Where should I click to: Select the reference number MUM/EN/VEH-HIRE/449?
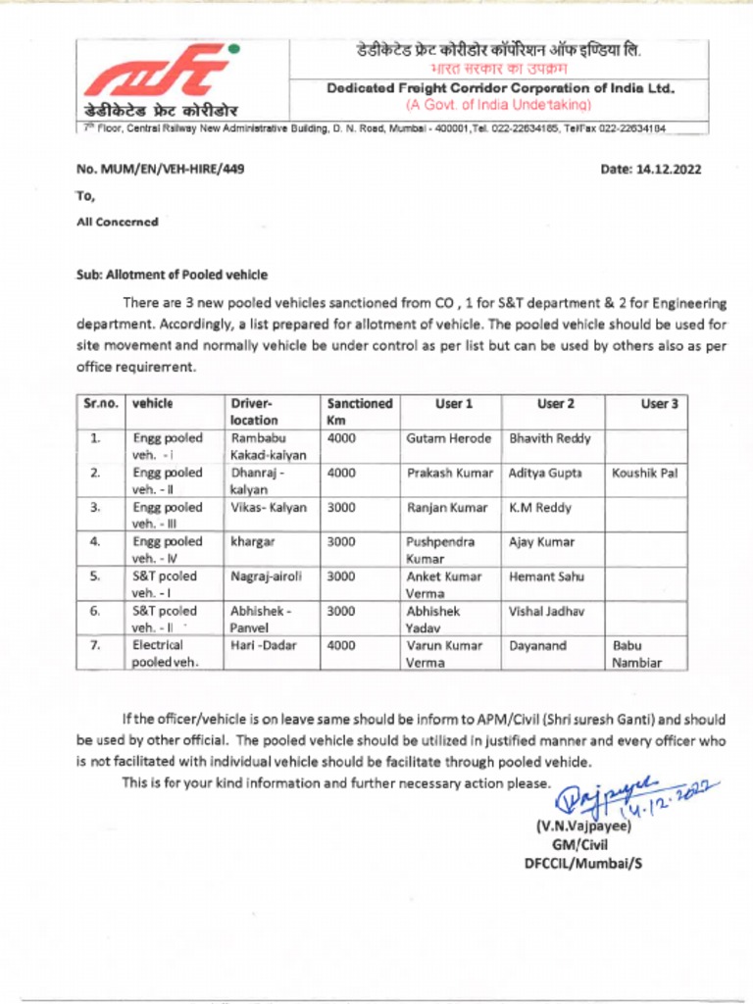click(160, 169)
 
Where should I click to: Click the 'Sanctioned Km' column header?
click(359, 411)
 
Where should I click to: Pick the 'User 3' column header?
click(660, 403)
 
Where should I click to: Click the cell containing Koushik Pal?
click(644, 473)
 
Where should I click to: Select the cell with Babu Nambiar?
click(636, 654)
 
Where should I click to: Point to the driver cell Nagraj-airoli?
click(266, 577)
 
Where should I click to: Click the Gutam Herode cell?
click(448, 438)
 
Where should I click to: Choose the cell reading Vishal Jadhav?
click(546, 611)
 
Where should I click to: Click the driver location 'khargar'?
click(251, 541)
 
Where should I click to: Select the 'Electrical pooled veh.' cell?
click(166, 654)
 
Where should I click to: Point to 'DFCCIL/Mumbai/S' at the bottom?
click(583, 863)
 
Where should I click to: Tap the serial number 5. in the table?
click(95, 577)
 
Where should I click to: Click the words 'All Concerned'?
click(117, 222)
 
